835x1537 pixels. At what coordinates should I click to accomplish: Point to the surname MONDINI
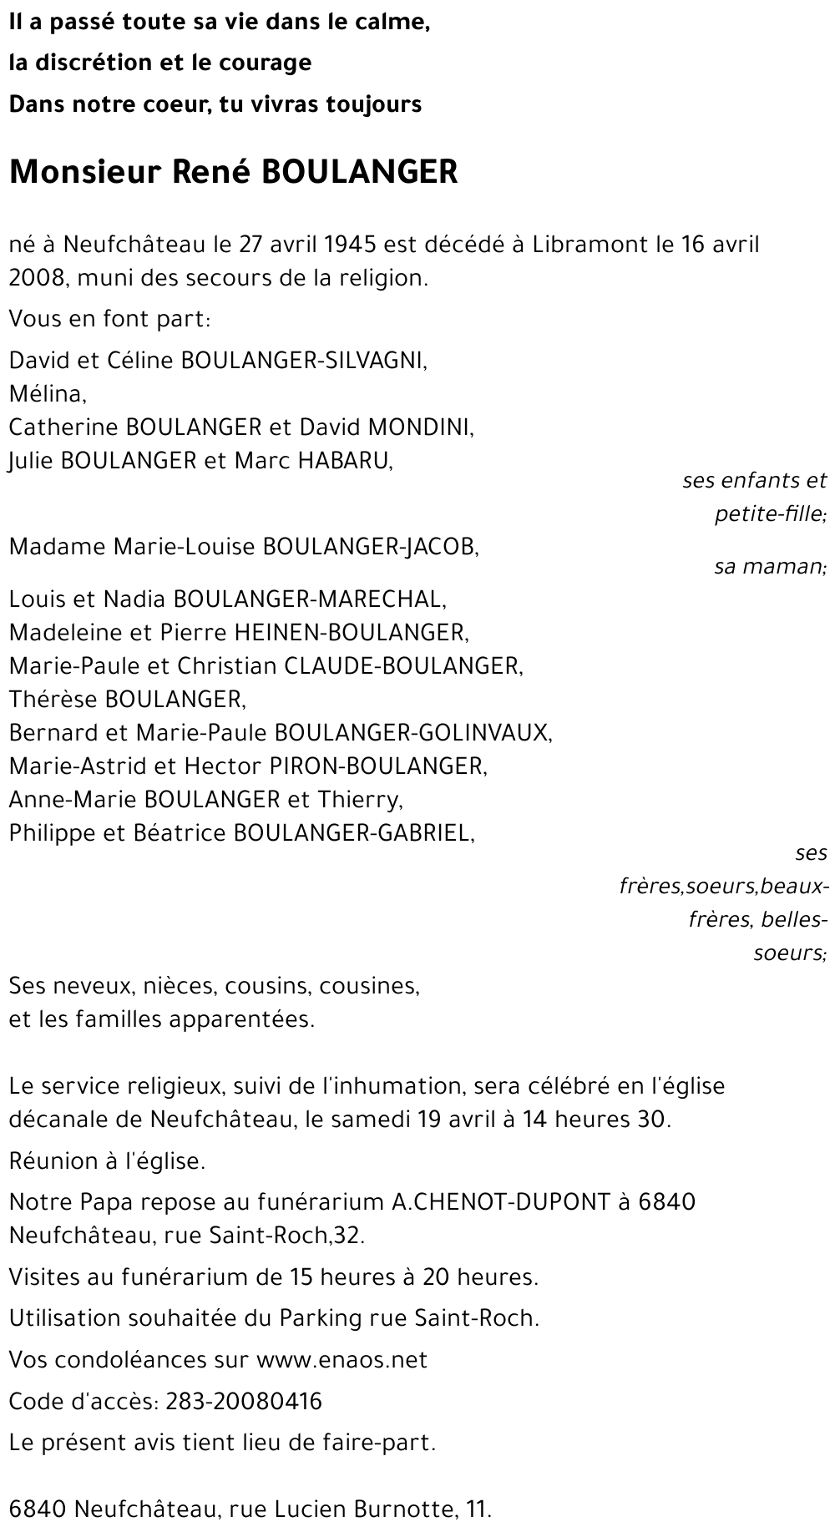click(421, 427)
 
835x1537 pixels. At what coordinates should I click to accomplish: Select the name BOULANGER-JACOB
click(371, 547)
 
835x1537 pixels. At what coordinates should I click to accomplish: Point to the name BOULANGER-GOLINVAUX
click(413, 733)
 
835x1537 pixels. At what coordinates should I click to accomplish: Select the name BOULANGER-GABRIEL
click(353, 833)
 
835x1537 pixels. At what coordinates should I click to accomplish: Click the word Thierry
click(359, 800)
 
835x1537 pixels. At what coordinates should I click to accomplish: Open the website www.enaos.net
click(342, 1360)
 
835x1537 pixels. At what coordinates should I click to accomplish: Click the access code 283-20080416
click(244, 1401)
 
